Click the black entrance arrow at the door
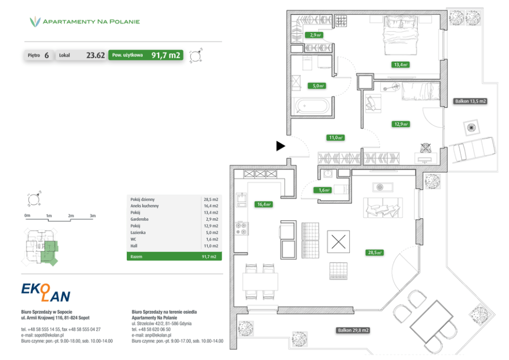(x=280, y=146)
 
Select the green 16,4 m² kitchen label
(x=263, y=204)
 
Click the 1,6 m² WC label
(x=324, y=190)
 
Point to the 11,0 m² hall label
(x=336, y=137)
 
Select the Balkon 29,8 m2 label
(x=354, y=330)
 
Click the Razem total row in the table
(x=174, y=256)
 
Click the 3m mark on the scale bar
(x=92, y=216)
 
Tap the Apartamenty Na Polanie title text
(x=91, y=22)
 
